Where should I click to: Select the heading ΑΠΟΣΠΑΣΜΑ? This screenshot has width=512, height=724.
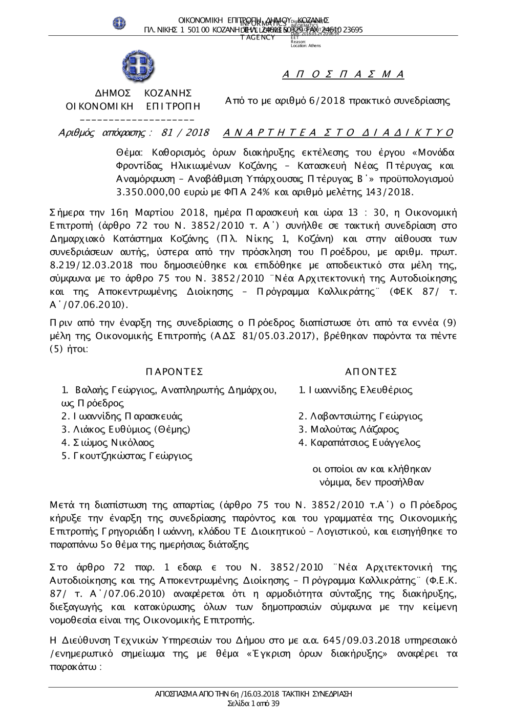343,75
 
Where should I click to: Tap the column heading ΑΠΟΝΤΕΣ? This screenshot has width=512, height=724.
371,371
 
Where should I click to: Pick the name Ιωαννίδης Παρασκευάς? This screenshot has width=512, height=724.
122,416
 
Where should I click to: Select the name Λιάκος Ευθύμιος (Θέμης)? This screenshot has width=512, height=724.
126,429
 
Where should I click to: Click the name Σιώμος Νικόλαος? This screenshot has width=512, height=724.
108,443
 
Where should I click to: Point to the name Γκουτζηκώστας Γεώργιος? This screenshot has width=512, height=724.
126,456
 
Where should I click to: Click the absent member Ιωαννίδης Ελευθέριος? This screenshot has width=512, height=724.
355,390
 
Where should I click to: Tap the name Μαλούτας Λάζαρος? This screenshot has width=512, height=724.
349,429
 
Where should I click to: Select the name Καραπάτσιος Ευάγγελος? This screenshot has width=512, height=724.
359,443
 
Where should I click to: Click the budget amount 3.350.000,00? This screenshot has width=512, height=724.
149,192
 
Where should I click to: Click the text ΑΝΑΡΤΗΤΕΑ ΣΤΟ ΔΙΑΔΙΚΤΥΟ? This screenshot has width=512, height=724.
338,133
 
